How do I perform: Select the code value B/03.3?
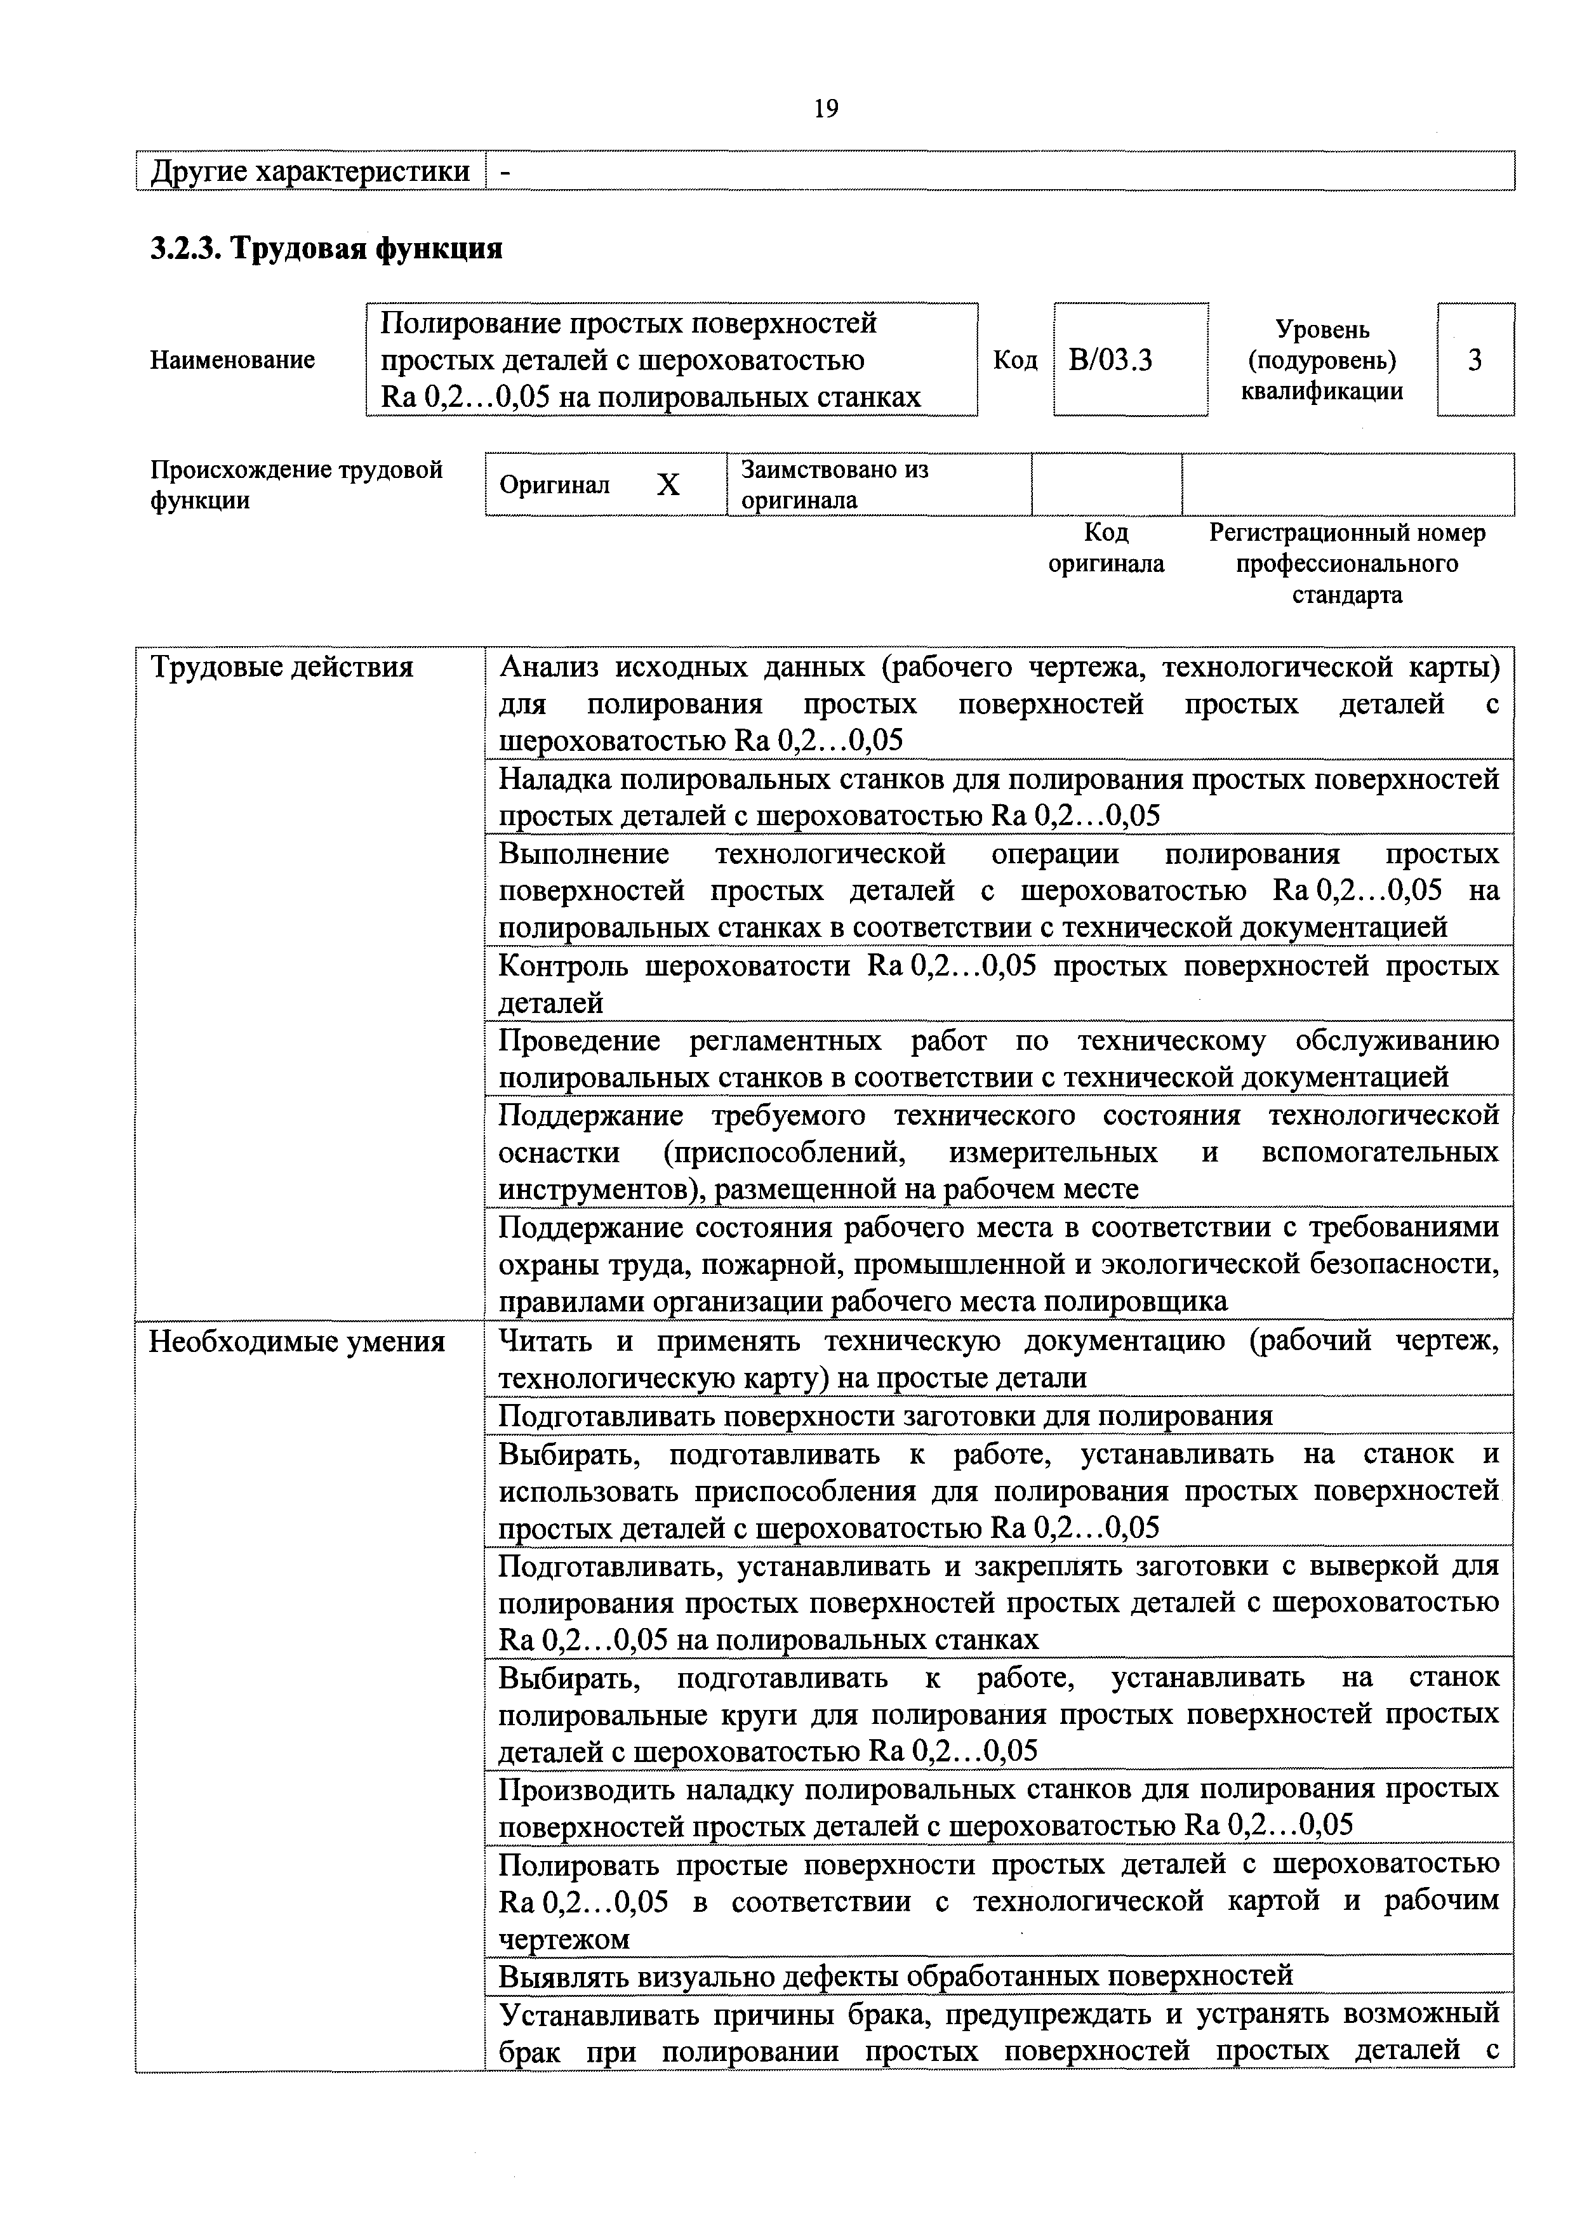[1110, 361]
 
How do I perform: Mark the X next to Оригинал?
[668, 485]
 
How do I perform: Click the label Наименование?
[233, 361]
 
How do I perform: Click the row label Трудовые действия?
[281, 667]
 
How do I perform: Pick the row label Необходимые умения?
[296, 1342]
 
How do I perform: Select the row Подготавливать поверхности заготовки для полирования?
[884, 1417]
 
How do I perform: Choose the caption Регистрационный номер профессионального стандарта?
[1347, 563]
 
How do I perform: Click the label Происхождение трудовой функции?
[296, 485]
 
